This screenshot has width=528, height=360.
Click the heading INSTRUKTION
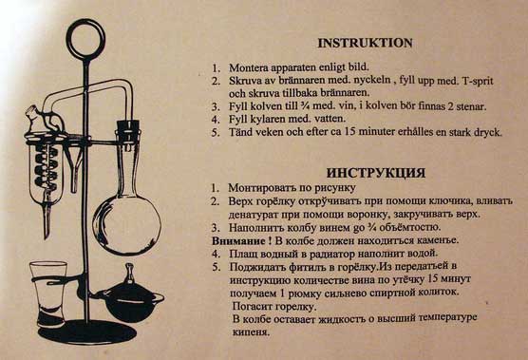(365, 43)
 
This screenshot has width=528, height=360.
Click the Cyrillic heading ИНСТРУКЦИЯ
(376, 173)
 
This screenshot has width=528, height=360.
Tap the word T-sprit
(479, 81)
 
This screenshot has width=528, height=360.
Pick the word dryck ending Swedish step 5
(488, 132)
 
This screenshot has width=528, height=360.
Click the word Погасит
(252, 307)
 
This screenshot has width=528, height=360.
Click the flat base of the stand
(87, 332)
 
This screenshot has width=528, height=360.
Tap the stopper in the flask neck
(128, 129)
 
